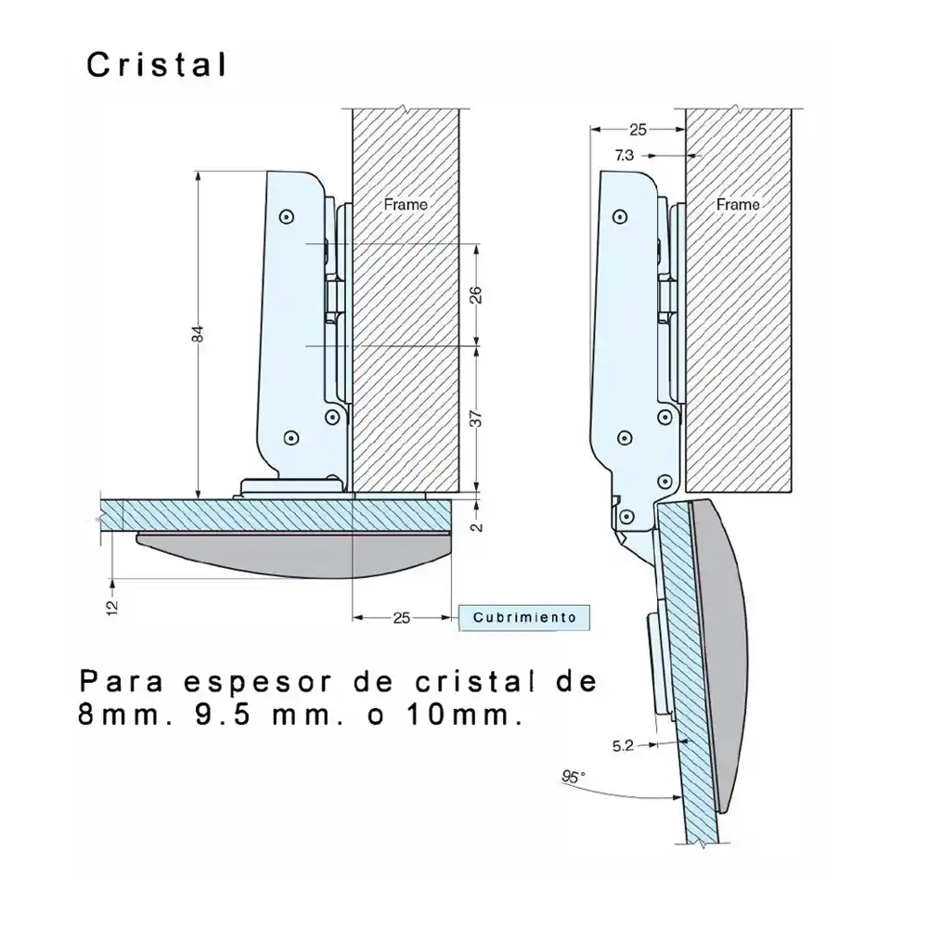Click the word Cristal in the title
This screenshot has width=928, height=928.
click(x=156, y=64)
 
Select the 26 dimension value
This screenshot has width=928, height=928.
click(x=474, y=295)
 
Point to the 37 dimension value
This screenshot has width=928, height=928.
click(x=474, y=418)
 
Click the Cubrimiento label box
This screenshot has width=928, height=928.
click(x=524, y=617)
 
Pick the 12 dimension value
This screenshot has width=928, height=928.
click(x=112, y=607)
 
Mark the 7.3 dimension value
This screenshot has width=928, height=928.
click(x=624, y=155)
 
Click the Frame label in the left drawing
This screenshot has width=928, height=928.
click(x=406, y=203)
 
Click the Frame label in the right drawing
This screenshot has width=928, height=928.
click(x=738, y=203)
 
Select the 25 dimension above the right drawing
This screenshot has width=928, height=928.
click(x=637, y=129)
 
